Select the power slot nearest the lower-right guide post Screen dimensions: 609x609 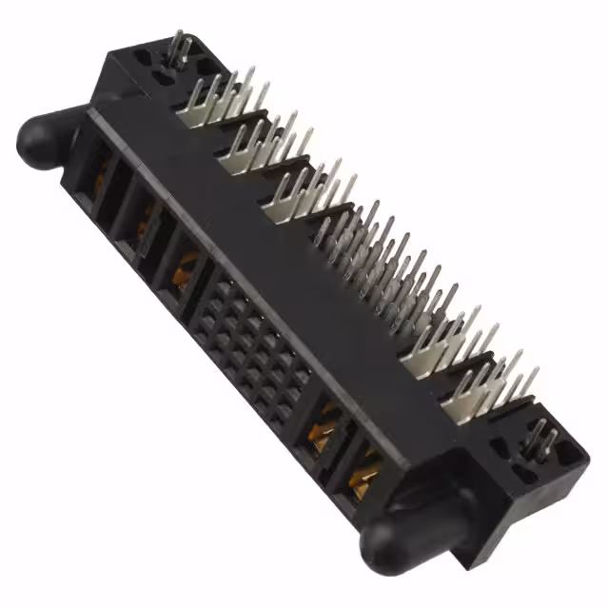[363, 467]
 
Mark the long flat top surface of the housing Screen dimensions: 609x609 [276, 238]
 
